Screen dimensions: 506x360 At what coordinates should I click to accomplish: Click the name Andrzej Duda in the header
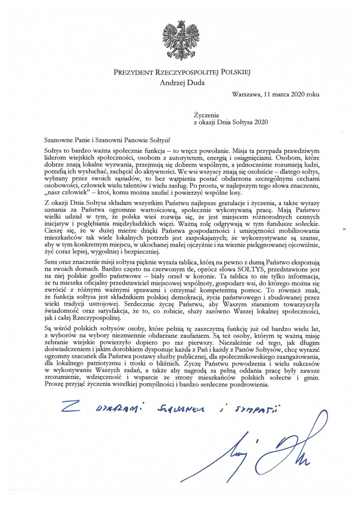point(180,83)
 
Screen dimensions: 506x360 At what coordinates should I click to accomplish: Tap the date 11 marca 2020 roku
point(294,94)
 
